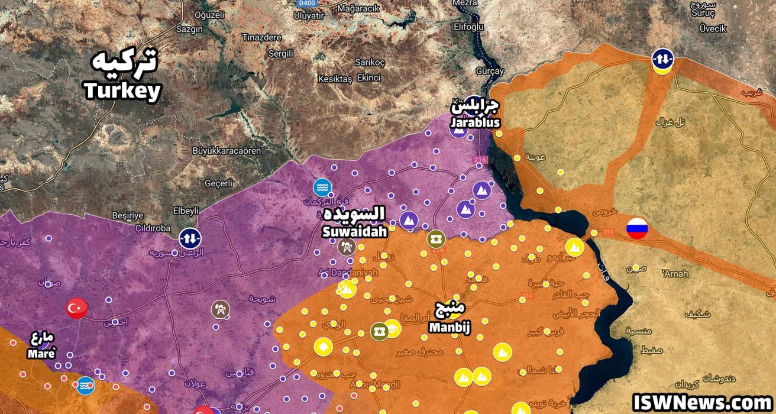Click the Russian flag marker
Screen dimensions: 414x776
pos(637,228)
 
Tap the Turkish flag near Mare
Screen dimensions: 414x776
pos(77,308)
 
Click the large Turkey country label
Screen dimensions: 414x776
pos(123,76)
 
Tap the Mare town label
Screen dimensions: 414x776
pos(41,346)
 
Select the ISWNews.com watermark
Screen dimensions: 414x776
pos(702,402)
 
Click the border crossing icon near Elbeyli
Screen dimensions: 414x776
pos(190,238)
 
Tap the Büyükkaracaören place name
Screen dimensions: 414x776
pos(227,151)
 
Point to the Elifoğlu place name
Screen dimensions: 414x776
pos(452,27)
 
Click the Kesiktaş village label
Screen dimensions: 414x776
pos(335,79)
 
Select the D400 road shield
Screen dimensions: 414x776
pos(306,4)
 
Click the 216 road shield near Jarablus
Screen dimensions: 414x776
pos(478,160)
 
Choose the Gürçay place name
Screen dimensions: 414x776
pos(490,71)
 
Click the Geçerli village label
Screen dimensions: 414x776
pos(219,183)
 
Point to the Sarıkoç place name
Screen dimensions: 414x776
pos(370,63)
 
